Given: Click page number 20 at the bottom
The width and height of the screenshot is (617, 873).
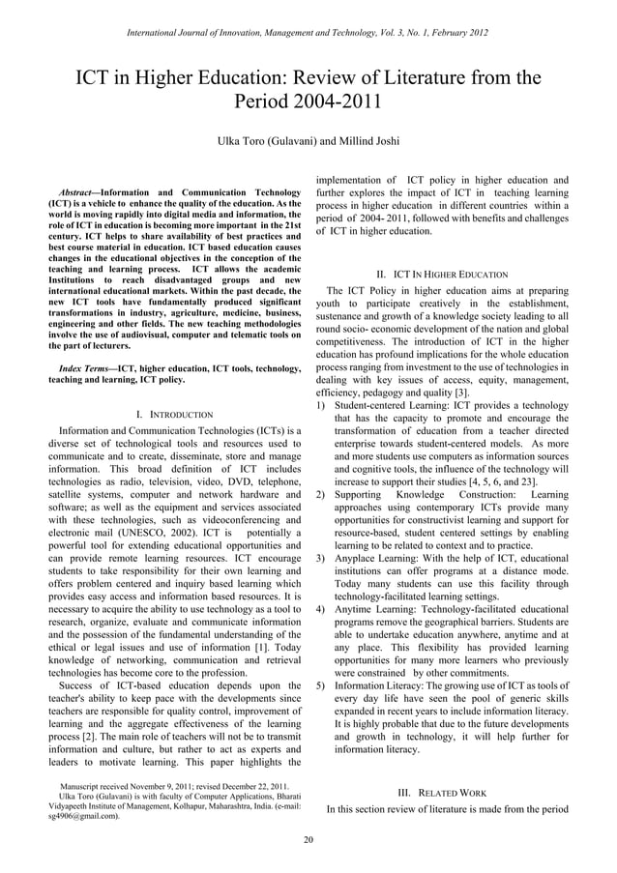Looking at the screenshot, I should coord(308,838).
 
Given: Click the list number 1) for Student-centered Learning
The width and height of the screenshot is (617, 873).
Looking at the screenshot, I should coord(321,405).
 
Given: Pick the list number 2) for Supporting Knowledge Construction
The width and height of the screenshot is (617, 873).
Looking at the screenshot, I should coord(321,495).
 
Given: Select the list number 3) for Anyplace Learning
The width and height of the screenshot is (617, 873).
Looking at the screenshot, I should coord(321,559).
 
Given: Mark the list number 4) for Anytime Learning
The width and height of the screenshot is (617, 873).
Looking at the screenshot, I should coord(321,610).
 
